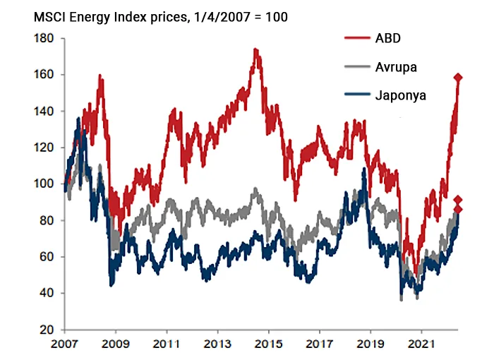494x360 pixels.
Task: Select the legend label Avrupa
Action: [396, 67]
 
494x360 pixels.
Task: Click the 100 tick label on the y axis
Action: [44, 184]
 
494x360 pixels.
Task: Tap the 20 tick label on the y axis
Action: [47, 330]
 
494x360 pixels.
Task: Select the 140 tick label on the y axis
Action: [44, 112]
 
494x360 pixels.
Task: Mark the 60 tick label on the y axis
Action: [47, 257]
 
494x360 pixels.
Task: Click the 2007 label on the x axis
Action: [66, 347]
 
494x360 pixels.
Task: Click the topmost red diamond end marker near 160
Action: [458, 78]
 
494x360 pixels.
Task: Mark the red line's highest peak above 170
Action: [255, 50]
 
